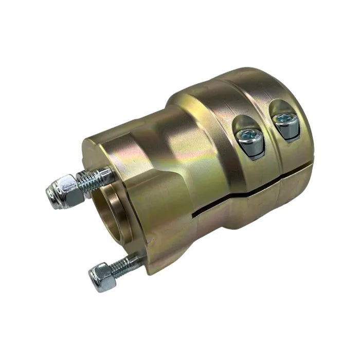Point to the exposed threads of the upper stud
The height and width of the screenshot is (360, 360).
pos(95,179)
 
